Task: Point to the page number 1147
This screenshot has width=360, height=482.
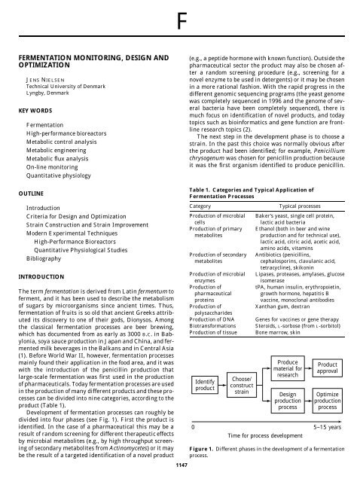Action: [x=179, y=465]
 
